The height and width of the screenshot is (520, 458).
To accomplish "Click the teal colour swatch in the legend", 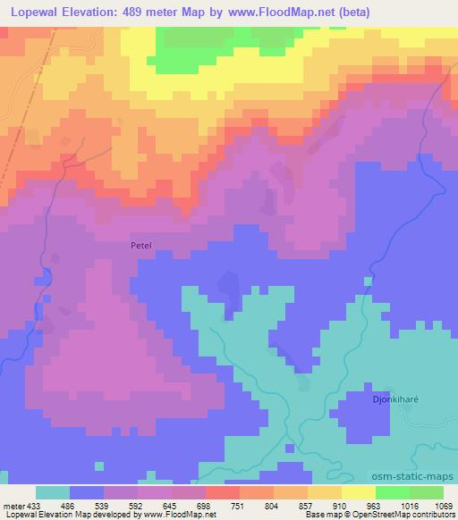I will pyautogui.click(x=53, y=493).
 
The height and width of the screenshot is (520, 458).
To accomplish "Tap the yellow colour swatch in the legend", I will pyautogui.click(x=358, y=493).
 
